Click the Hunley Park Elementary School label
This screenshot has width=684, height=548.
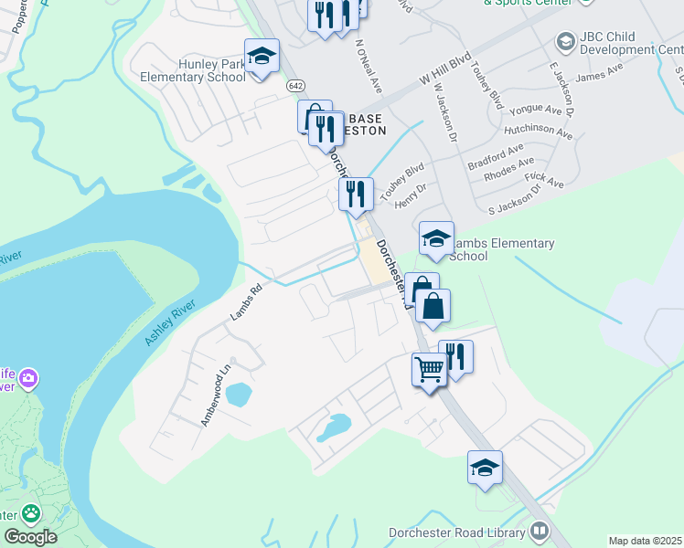187,70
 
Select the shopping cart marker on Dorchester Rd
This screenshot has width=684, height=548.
429,370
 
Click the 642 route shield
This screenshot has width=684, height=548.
294,85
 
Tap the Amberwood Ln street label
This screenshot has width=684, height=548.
217,395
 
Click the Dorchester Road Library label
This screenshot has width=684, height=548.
456,532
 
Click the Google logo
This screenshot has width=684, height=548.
29,536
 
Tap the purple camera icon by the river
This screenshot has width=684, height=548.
29,377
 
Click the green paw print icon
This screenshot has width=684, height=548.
31,513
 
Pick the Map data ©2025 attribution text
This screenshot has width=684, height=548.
645,541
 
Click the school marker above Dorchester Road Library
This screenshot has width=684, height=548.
486,468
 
